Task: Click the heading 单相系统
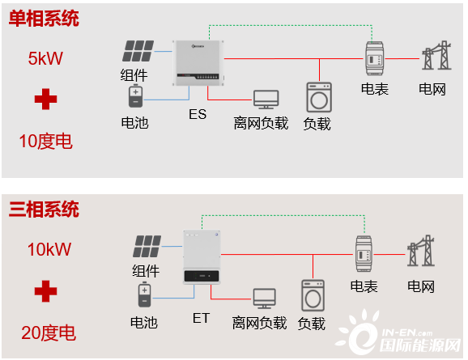pyautogui.click(x=44, y=18)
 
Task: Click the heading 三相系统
pyautogui.click(x=44, y=209)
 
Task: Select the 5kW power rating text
pyautogui.click(x=45, y=58)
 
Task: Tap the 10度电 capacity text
pyautogui.click(x=45, y=141)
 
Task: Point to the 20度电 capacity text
pyautogui.click(x=49, y=332)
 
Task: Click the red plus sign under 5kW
pyautogui.click(x=45, y=99)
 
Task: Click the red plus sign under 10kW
pyautogui.click(x=45, y=291)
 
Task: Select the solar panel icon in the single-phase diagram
pyautogui.click(x=138, y=51)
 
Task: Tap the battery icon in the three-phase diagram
pyautogui.click(x=144, y=294)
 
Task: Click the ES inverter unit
pyautogui.click(x=198, y=63)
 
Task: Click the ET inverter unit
pyautogui.click(x=202, y=256)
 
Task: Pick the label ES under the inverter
pyautogui.click(x=198, y=114)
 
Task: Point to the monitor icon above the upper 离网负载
pyautogui.click(x=266, y=100)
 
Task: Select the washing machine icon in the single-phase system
pyautogui.click(x=319, y=98)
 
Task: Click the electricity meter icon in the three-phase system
pyautogui.click(x=364, y=253)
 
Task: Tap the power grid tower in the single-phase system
pyautogui.click(x=436, y=55)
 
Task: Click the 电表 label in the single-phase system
pyautogui.click(x=375, y=89)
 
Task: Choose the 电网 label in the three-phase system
pyautogui.click(x=421, y=286)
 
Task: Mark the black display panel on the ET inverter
pyautogui.click(x=202, y=276)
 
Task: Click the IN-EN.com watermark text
pyautogui.click(x=407, y=332)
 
